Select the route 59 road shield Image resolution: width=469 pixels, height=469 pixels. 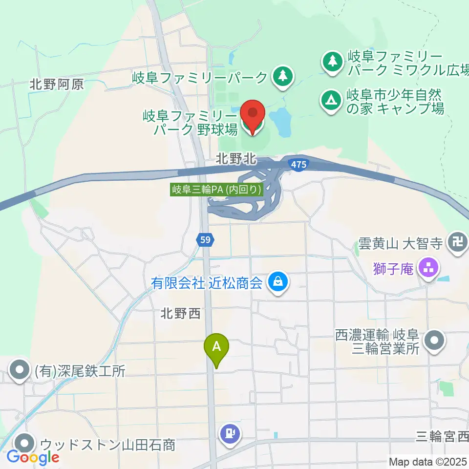coord(206,239)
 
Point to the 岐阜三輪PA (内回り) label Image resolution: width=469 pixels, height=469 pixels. coord(217,190)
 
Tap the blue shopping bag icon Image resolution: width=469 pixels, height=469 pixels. coord(277,282)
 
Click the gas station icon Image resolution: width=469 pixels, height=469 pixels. coord(230,433)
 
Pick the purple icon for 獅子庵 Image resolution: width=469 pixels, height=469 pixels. coord(429,267)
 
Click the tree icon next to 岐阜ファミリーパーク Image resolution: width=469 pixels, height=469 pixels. coord(282,76)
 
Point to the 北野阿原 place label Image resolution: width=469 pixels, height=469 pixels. coord(56,84)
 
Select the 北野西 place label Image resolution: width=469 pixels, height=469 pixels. coord(180,314)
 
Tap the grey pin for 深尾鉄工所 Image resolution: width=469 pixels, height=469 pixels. coord(20,370)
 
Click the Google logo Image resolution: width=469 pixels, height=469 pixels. coord(33,457)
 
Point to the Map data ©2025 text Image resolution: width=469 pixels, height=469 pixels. coord(427,461)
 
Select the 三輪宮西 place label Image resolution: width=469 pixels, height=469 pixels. coord(442,434)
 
